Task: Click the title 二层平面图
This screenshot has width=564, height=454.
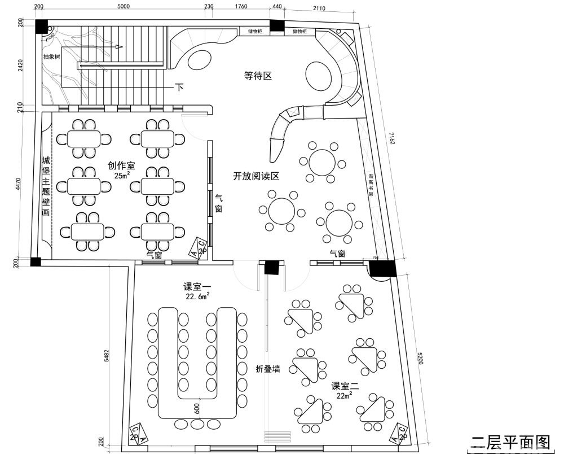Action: (510, 441)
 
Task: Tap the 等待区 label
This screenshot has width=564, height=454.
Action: (258, 75)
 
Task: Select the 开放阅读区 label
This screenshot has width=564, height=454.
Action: (256, 176)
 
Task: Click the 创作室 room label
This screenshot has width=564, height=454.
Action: (121, 165)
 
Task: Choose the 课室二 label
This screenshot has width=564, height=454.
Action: (345, 386)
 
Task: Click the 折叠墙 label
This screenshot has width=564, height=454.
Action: (268, 369)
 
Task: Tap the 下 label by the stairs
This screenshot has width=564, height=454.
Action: (179, 88)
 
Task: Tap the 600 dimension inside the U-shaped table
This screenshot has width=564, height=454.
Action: (197, 408)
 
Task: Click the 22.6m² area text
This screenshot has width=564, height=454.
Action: (197, 295)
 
